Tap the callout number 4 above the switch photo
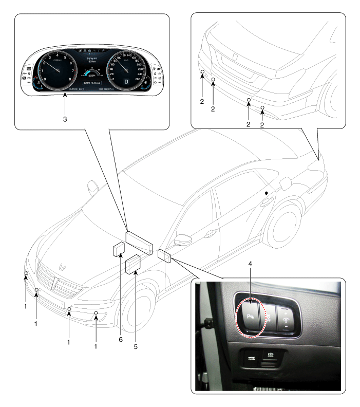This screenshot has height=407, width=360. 250,279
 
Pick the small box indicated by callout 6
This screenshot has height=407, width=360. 118,249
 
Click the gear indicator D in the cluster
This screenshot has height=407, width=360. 126,81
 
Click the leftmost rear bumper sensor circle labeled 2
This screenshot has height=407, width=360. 203,72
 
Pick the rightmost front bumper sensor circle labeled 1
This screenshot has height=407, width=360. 96,314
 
